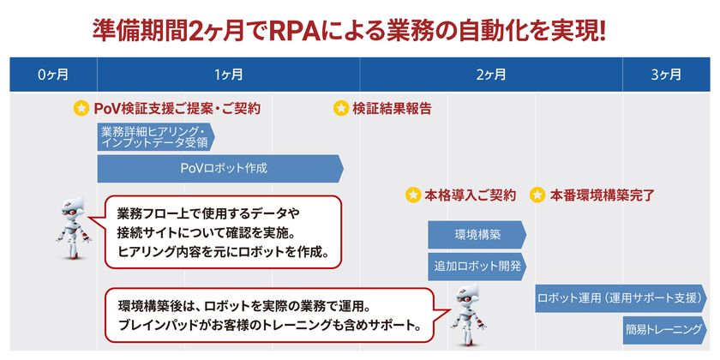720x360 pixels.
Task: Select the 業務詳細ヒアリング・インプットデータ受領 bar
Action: [x=154, y=136]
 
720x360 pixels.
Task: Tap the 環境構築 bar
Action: [x=477, y=234]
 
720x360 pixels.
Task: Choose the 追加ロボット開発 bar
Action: [x=477, y=266]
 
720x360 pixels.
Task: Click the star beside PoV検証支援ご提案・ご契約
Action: [x=81, y=109]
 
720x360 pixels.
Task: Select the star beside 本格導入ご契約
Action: [x=413, y=195]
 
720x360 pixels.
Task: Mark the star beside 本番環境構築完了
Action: [x=537, y=195]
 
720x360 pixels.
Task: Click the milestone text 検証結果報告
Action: [x=392, y=109]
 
